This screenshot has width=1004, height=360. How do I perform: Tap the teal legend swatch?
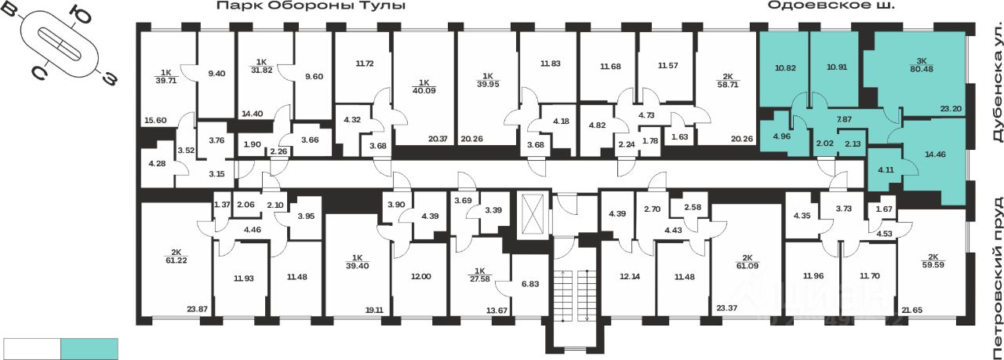[89, 348]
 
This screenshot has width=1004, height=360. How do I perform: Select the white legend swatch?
[32, 348]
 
